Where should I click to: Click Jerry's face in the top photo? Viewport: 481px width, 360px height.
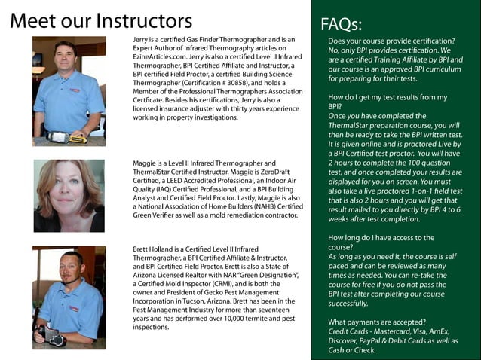[x=65, y=60]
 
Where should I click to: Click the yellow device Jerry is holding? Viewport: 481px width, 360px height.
[x=77, y=138]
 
